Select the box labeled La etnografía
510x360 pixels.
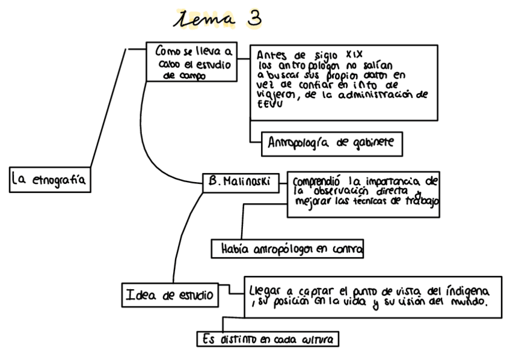pos(50,178)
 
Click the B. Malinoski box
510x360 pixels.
pos(241,181)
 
